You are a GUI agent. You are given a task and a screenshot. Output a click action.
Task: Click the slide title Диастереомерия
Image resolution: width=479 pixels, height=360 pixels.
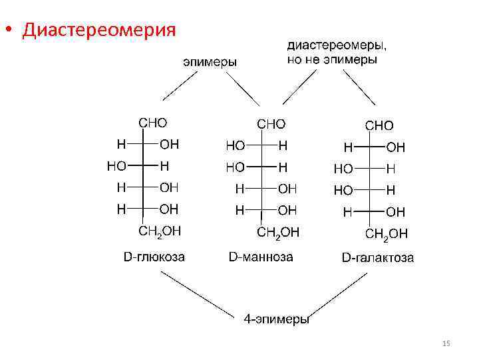coord(99,31)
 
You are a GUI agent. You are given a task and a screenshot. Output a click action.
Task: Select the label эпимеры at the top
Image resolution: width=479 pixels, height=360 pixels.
coord(210,61)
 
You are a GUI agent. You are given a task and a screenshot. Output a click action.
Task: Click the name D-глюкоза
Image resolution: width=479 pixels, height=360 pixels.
coord(154,257)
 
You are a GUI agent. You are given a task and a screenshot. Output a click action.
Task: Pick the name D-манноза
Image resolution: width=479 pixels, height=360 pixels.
coord(260,257)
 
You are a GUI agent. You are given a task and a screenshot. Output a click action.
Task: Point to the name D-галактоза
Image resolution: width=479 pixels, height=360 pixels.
coord(377,257)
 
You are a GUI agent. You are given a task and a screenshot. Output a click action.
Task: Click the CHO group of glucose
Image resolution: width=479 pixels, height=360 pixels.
coord(152,123)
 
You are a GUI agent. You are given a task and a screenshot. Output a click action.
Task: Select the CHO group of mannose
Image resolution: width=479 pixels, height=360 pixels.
coord(271,124)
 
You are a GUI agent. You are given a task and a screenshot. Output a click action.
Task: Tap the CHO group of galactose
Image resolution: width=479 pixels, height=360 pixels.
coord(379,125)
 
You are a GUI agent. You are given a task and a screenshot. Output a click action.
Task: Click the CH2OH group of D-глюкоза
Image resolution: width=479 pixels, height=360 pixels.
coord(159,231)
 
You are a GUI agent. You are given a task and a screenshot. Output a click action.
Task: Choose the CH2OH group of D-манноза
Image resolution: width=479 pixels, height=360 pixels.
coord(278,232)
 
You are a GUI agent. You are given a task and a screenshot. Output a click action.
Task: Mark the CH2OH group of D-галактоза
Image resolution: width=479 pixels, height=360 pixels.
coord(386,234)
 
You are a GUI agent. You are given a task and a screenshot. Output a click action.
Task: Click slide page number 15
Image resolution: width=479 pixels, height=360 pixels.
coord(446,343)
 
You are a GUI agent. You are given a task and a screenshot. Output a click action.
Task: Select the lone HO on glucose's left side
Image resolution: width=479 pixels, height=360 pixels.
coord(116,165)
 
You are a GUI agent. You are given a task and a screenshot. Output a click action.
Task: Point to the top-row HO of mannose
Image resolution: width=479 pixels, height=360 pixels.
coord(236,145)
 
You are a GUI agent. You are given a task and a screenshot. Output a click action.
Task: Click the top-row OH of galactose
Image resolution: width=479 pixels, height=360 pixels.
coord(395,147)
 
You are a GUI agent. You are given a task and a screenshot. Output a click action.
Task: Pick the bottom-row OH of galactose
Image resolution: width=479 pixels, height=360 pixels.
coord(395,212)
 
